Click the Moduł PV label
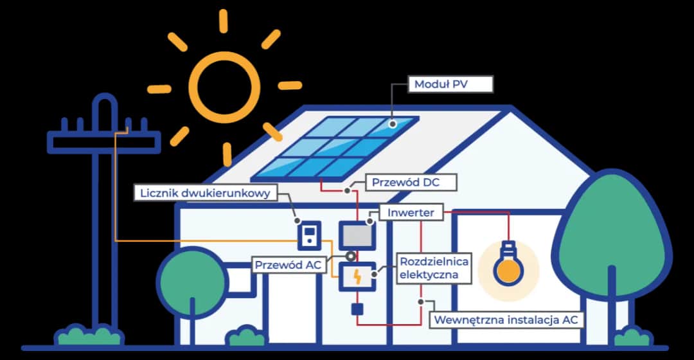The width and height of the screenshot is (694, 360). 450,84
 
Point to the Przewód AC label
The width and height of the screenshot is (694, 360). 290,264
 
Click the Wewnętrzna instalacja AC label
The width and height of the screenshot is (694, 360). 507,319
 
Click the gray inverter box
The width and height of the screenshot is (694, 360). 357,234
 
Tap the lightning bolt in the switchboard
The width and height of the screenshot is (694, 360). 357,277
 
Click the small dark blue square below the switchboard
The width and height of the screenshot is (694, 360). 357,309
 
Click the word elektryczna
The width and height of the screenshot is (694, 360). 429,275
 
